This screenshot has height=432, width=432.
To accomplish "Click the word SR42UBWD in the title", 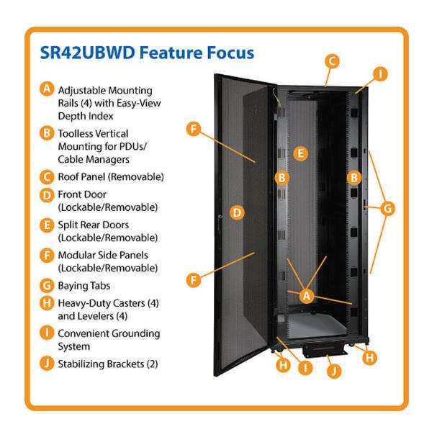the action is click(x=87, y=53).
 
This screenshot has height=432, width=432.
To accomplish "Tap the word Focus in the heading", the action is click(x=230, y=53).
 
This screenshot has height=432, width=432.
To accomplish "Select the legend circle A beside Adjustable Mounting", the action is click(x=47, y=89).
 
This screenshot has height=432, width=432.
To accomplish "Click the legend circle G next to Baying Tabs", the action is click(x=47, y=285).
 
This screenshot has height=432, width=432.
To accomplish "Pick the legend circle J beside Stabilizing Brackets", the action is click(x=47, y=364).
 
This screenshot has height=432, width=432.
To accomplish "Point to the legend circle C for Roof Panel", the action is click(x=47, y=177).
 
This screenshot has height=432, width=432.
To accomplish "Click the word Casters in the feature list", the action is click(x=129, y=303).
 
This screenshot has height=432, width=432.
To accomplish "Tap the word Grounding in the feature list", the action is click(x=136, y=334).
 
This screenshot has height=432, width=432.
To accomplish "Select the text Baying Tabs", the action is click(x=84, y=286).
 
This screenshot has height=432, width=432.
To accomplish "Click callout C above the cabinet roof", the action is click(x=332, y=61).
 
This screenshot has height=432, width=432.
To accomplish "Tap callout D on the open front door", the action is click(x=237, y=212).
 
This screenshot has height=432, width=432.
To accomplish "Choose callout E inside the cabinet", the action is click(x=300, y=153).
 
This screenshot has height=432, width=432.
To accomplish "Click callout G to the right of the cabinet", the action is click(x=387, y=209).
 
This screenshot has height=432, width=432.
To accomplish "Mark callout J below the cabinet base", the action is click(x=334, y=371).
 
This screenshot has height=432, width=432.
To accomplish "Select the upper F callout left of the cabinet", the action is click(x=194, y=129).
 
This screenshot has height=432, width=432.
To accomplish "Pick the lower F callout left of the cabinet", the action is click(x=194, y=280).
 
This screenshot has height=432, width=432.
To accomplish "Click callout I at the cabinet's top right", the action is click(x=380, y=74).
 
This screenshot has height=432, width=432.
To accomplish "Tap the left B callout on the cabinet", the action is click(x=282, y=178).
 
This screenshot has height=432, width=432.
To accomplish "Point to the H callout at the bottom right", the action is click(x=369, y=358).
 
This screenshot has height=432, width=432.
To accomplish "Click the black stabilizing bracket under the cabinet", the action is click(x=325, y=350).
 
